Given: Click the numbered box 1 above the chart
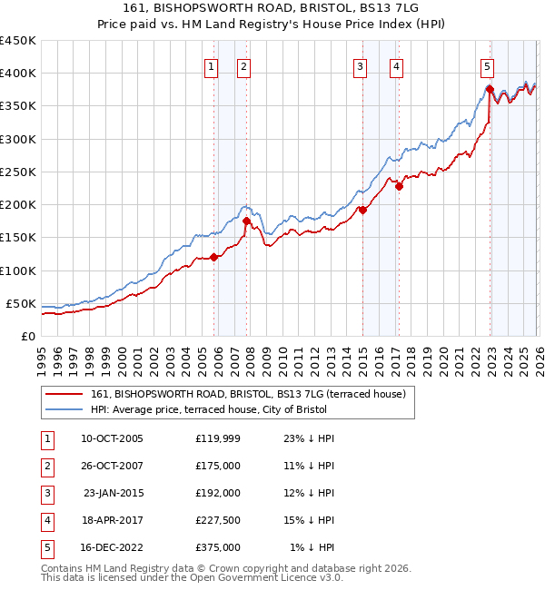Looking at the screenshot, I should (211, 65).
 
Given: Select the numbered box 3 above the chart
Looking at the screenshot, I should (360, 65).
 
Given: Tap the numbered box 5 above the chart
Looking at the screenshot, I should (488, 65).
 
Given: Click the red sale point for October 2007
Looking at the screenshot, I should (246, 221).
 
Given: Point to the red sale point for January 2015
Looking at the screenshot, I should (362, 210).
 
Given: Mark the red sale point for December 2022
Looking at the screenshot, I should (490, 89).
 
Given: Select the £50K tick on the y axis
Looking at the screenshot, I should (21, 303).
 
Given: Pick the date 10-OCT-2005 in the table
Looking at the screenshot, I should (112, 438).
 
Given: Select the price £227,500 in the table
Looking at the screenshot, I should (218, 521).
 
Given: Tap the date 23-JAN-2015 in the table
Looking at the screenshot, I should (113, 493).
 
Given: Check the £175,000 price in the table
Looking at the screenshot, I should (218, 466).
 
